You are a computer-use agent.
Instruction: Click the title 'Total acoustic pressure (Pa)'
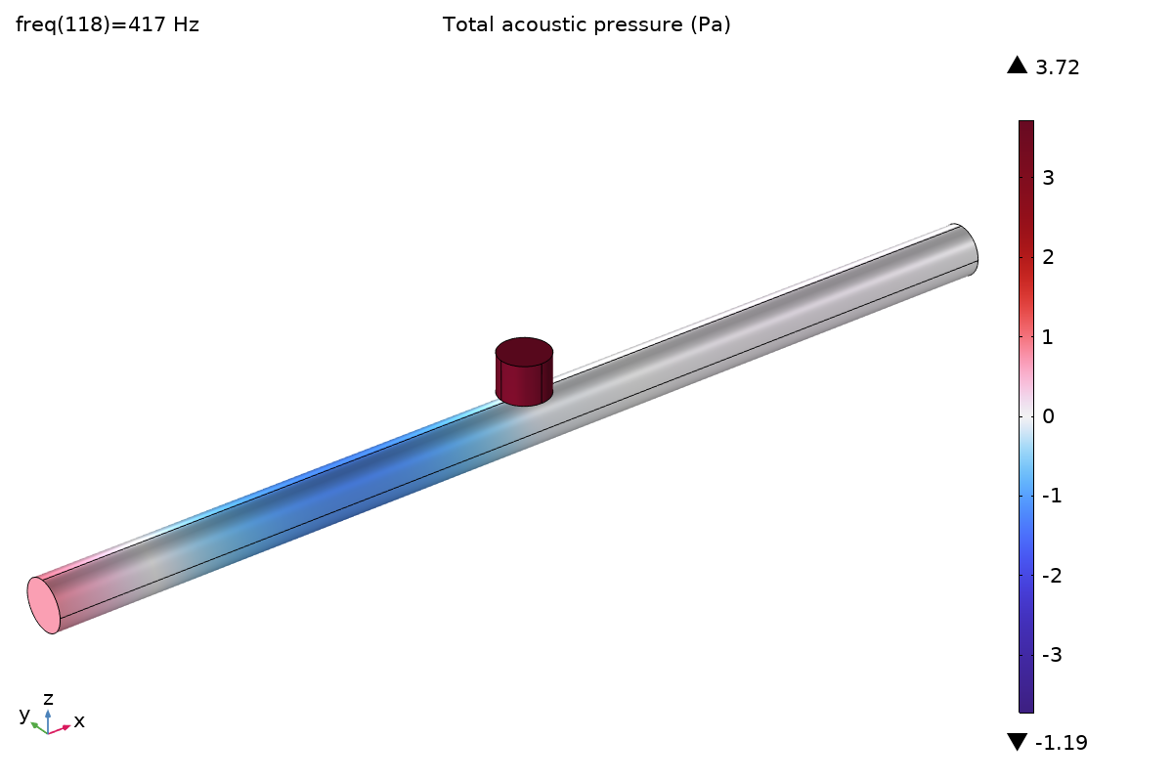(x=586, y=24)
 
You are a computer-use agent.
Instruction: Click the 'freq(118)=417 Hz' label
(x=108, y=24)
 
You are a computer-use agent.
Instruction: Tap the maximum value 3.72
(x=1058, y=67)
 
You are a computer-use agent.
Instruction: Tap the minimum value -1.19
(x=1062, y=743)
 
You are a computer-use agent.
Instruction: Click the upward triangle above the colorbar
(x=1017, y=65)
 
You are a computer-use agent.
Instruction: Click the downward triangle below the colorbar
(x=1017, y=742)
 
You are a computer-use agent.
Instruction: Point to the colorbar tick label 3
(x=1048, y=178)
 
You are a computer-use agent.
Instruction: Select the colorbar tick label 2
(x=1048, y=257)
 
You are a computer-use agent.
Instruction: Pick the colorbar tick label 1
(x=1047, y=337)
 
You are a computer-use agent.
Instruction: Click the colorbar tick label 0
(x=1048, y=416)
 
